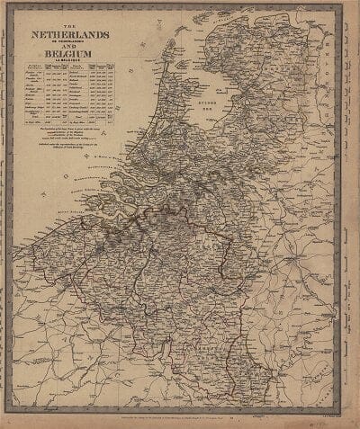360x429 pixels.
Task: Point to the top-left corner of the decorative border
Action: coord(12,10)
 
